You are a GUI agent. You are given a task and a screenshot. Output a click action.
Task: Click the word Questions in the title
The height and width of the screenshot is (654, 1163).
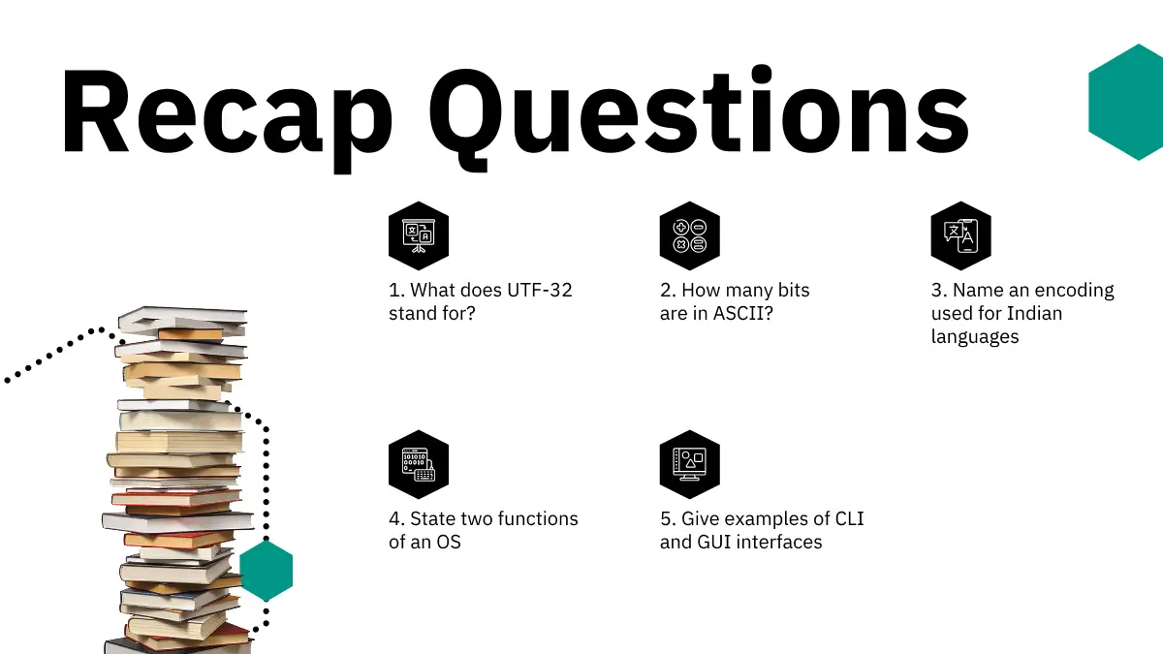[x=699, y=117]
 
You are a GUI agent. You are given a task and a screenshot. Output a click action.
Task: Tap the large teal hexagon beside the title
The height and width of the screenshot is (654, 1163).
[x=1125, y=103]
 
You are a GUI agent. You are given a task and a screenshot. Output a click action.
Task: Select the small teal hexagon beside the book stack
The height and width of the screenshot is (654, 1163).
[x=267, y=570]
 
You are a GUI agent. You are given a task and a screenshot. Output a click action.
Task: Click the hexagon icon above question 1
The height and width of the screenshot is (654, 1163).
[x=419, y=235]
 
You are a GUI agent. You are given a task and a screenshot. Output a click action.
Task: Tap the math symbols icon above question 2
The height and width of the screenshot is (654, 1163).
[x=689, y=235]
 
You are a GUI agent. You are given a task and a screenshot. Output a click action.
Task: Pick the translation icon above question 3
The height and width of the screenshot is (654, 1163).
[x=961, y=235]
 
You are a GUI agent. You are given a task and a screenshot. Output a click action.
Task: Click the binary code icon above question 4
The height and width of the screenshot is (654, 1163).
[x=419, y=464]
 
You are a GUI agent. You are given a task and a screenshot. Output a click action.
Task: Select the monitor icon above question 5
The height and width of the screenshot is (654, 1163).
[x=689, y=464]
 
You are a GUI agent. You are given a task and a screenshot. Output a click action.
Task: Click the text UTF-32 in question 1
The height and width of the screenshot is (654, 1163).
[x=540, y=290]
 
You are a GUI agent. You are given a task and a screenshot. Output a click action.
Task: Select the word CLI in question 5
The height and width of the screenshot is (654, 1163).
[x=849, y=519]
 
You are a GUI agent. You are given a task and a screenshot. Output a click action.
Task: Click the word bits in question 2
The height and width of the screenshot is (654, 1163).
[x=794, y=290]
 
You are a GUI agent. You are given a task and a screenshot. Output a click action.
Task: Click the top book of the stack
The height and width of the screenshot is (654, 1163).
[x=183, y=318]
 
